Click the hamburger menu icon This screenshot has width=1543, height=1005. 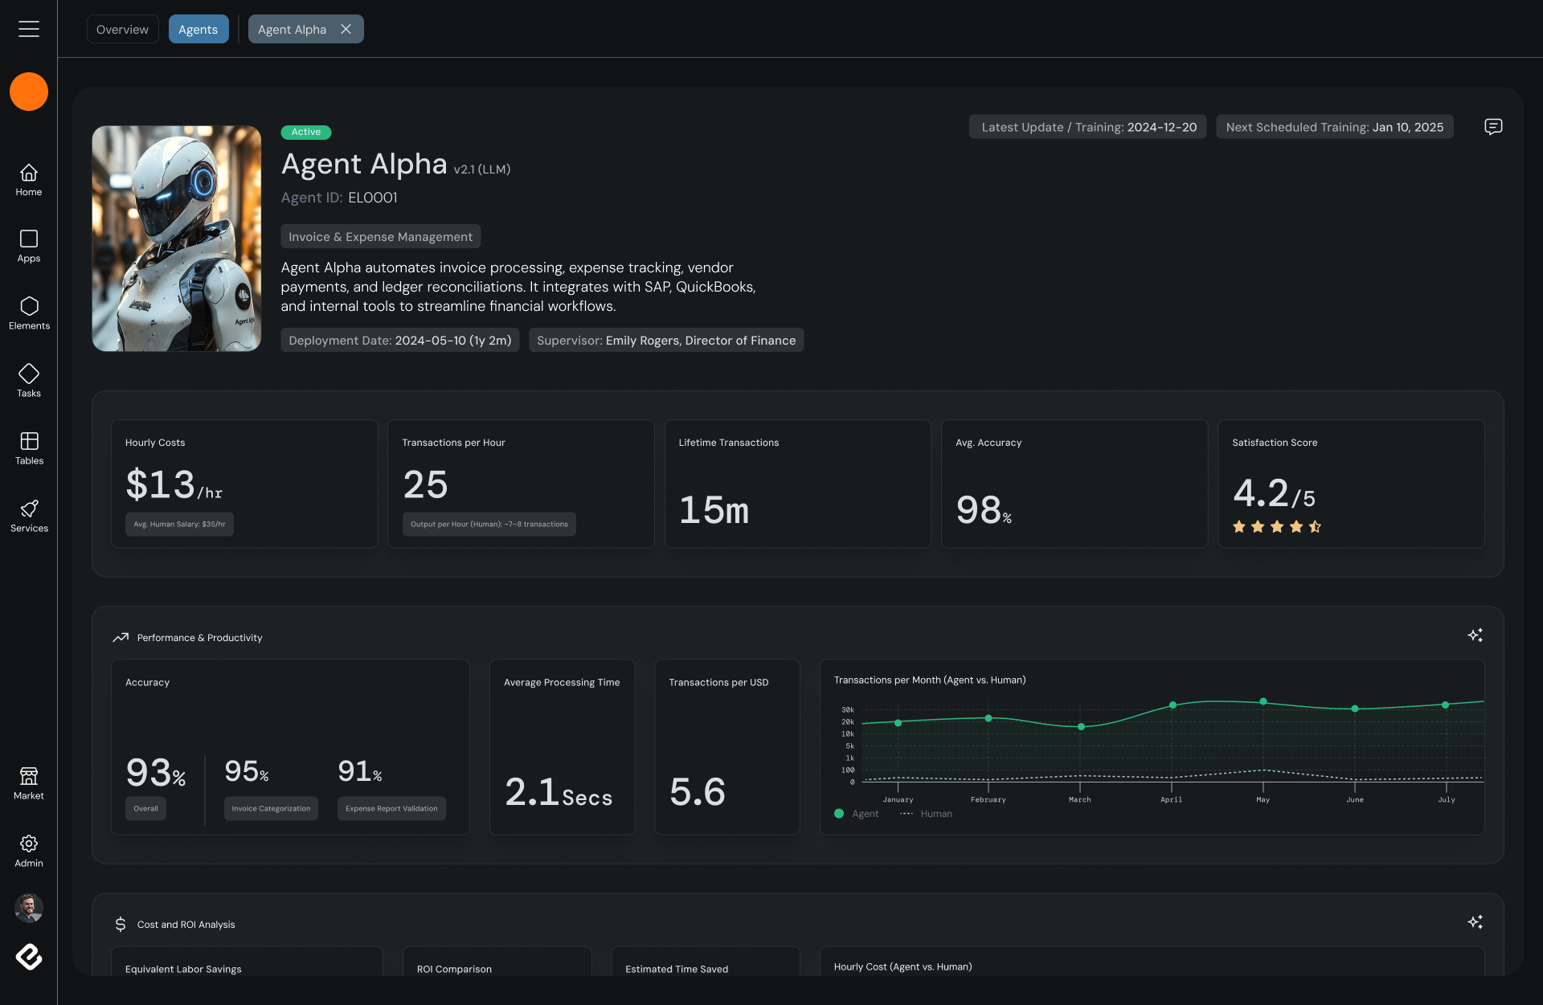coord(29,29)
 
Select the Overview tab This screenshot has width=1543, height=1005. coord(122,30)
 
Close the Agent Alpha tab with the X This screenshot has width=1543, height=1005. coord(346,29)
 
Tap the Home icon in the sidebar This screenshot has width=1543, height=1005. coord(29,173)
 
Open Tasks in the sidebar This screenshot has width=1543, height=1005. coord(29,374)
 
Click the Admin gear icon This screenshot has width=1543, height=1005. coord(29,844)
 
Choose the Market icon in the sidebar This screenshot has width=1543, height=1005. coord(29,776)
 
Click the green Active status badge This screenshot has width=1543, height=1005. coord(306,132)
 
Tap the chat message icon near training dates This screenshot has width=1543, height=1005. coord(1493,127)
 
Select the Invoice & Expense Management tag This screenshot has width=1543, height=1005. coord(380,237)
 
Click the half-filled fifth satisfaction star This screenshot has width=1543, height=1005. coord(1315,527)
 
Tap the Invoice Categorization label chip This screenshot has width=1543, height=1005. coord(271,809)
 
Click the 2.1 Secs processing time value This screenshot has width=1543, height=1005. coord(559,792)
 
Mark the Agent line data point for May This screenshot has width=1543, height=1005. coord(1263,701)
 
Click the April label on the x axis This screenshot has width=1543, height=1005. coord(1171,799)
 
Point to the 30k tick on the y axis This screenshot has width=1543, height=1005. coord(847,710)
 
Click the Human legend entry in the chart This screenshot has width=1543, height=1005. coord(935,814)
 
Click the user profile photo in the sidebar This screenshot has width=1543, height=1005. coord(29,908)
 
